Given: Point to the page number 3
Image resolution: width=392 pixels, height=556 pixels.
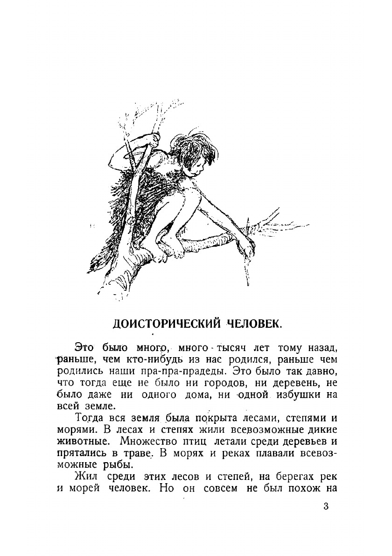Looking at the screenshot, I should (x=325, y=507).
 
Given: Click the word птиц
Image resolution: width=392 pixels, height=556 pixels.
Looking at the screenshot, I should (x=199, y=440).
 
